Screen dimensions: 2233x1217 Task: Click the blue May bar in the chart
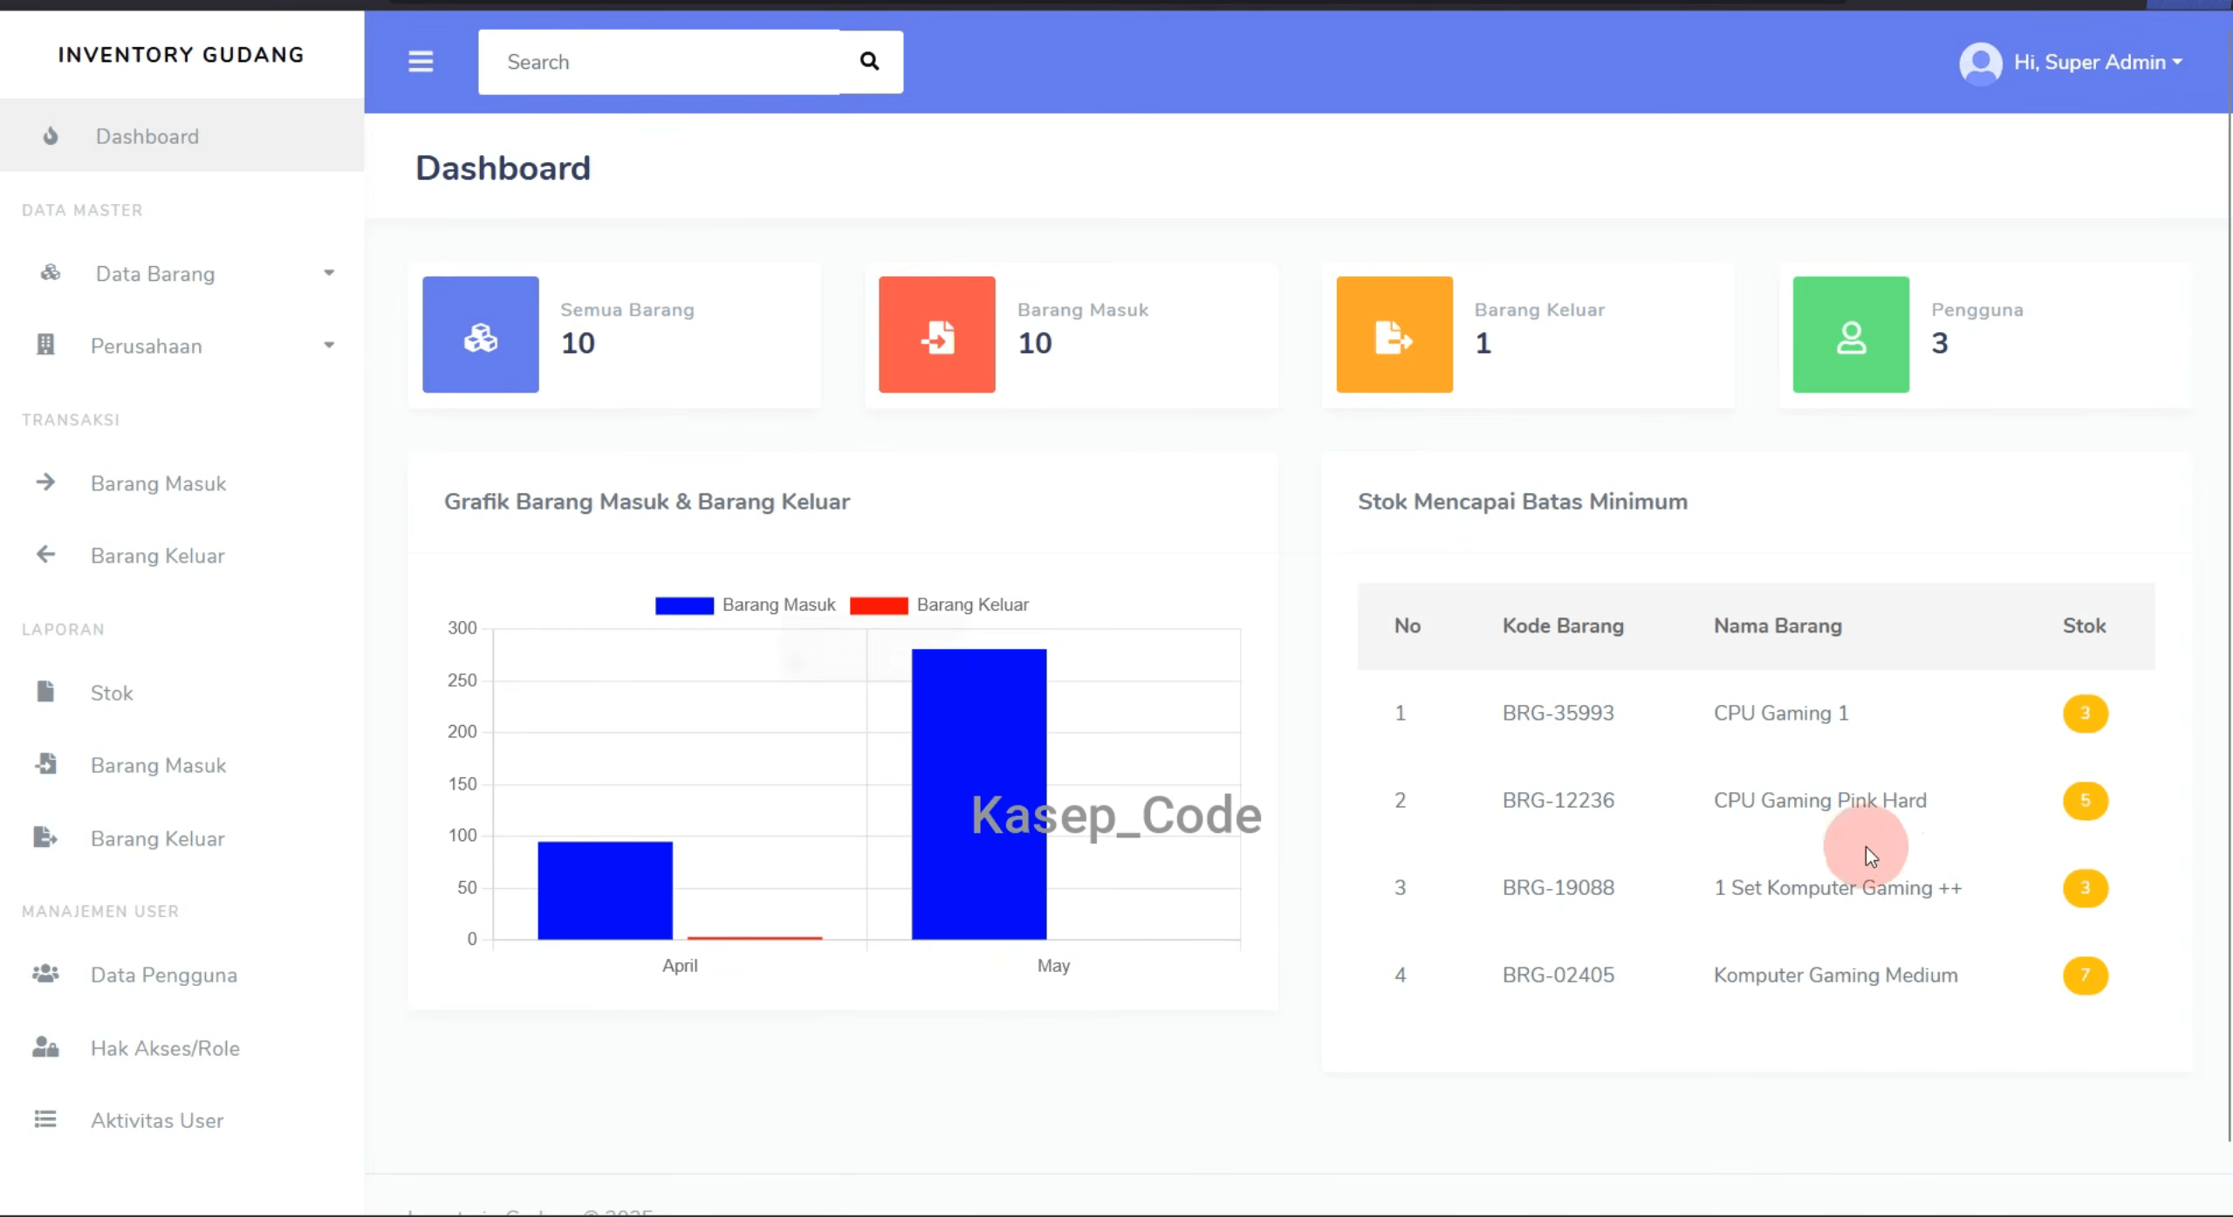pyautogui.click(x=978, y=794)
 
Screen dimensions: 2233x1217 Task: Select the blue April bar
pyautogui.click(x=605, y=891)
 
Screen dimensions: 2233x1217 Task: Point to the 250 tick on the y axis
pyautogui.click(x=462, y=680)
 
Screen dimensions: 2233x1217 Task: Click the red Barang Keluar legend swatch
pyautogui.click(x=879, y=605)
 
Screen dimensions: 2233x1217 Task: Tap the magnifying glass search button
pyautogui.click(x=869, y=61)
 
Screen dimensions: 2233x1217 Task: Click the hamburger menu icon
pyautogui.click(x=421, y=61)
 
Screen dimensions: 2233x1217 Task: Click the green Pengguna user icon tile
pyautogui.click(x=1851, y=335)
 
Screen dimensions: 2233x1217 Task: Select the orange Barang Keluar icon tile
pyautogui.click(x=1394, y=335)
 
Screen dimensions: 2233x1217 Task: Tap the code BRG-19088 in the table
pyautogui.click(x=1558, y=888)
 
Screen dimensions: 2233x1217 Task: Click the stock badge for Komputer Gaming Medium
pyautogui.click(x=2085, y=975)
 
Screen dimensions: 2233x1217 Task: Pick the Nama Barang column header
pyautogui.click(x=1777, y=626)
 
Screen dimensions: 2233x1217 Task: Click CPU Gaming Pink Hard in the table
pyautogui.click(x=1820, y=801)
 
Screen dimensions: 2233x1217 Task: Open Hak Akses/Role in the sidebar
pyautogui.click(x=165, y=1048)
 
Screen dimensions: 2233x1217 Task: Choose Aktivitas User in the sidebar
pyautogui.click(x=157, y=1120)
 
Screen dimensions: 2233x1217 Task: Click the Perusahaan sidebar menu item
pyautogui.click(x=147, y=346)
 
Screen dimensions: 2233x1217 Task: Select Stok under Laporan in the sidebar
pyautogui.click(x=112, y=694)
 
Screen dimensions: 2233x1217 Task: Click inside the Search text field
pyautogui.click(x=659, y=62)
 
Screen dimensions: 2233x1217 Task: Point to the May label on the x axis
pyautogui.click(x=1053, y=966)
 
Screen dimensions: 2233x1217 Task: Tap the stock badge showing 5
pyautogui.click(x=2085, y=801)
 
